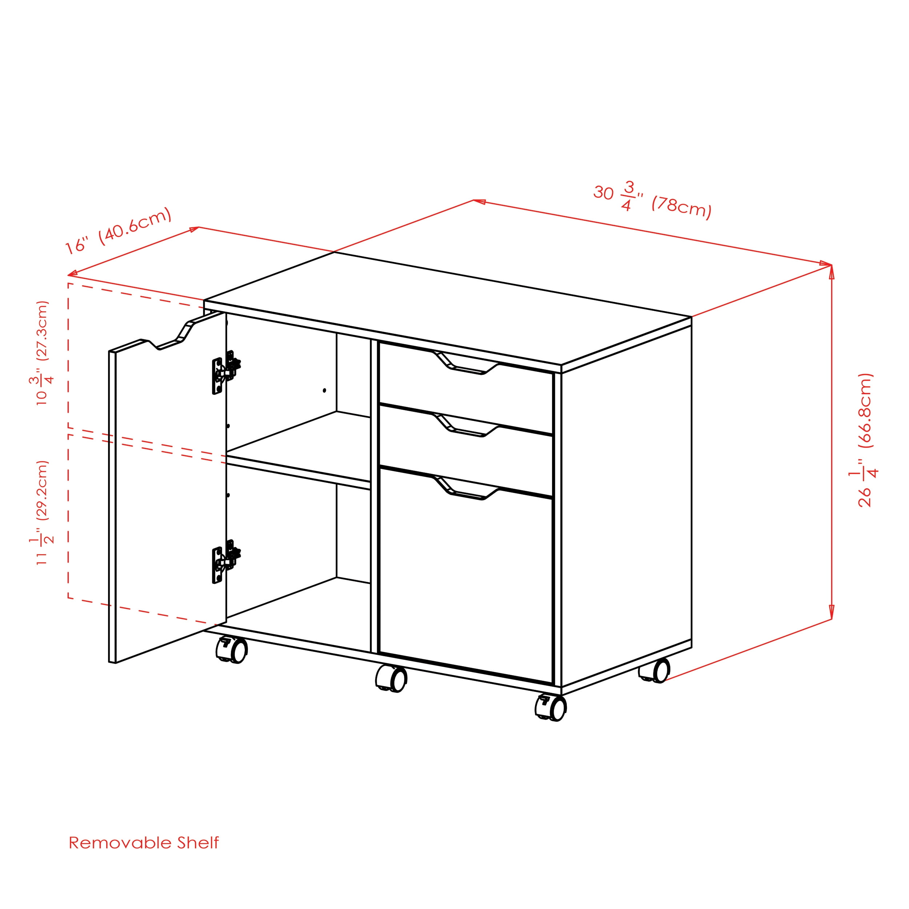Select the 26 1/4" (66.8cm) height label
(866, 440)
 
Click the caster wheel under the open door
(232, 650)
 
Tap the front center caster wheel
(392, 679)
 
